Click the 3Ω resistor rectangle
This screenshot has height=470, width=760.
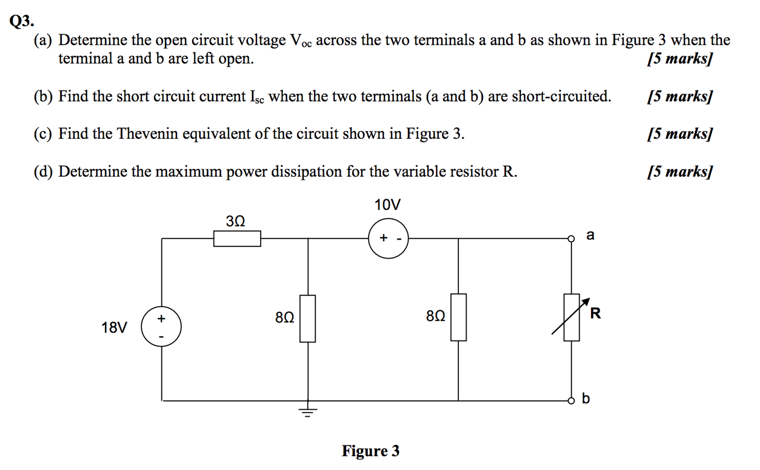point(237,238)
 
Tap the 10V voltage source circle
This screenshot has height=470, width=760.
point(388,238)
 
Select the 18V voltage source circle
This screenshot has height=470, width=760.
point(161,327)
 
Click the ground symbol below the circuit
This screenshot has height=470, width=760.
point(308,412)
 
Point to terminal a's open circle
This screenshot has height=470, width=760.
point(571,239)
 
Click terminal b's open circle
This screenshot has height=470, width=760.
point(571,401)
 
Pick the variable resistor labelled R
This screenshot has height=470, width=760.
point(571,317)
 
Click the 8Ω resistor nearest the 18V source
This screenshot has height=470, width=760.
point(308,319)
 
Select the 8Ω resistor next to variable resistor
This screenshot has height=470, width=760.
point(458,317)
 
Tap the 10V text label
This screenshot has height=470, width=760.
point(387,205)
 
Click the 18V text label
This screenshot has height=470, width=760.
point(114,328)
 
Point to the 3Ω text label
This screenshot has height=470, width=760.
point(236,221)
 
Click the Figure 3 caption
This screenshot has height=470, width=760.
point(370,451)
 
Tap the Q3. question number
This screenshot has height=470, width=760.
point(22,21)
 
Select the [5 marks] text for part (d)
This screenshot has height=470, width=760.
point(680,172)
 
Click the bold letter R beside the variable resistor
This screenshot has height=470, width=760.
point(595,313)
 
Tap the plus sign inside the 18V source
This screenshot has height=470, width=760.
point(161,318)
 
